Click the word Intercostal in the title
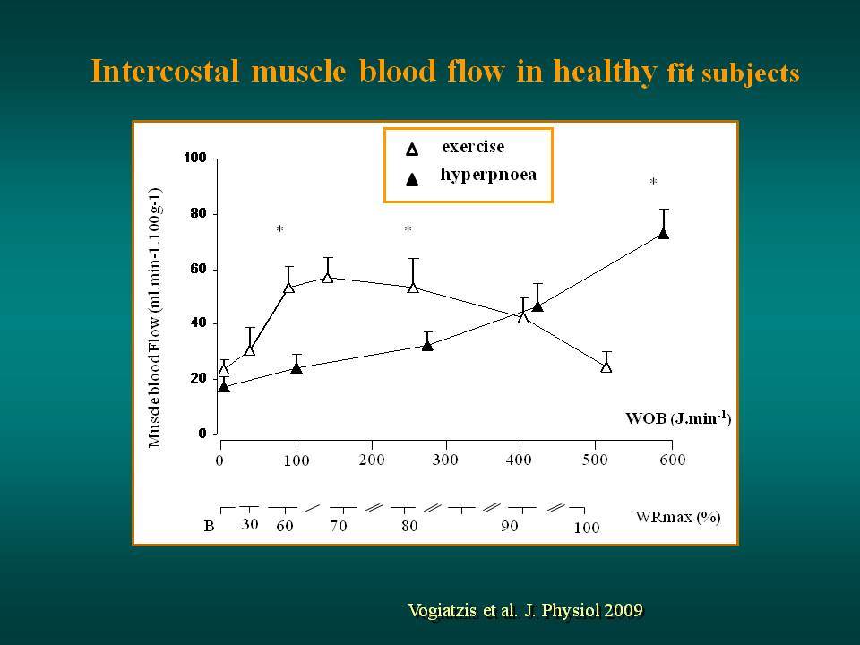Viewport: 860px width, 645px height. coord(165,71)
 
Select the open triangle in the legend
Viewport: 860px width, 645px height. coord(412,150)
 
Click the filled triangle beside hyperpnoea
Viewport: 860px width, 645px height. coord(412,179)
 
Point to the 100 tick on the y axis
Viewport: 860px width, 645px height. coord(194,158)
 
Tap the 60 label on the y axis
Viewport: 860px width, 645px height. coord(198,269)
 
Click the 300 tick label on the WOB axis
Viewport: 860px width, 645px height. coord(445,459)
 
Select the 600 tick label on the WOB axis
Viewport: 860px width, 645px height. coord(673,459)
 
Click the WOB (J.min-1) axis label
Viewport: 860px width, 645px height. coord(678,418)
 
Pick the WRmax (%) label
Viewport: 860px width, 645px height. coord(678,517)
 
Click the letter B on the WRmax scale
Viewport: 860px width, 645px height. coord(209,527)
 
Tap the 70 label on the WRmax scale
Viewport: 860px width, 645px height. coord(339,526)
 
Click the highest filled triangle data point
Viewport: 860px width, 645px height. coord(663,234)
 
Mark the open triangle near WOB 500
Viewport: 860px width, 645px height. coord(606,366)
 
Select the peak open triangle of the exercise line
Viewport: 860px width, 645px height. coord(328,277)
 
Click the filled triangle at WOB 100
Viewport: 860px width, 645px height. coord(297,367)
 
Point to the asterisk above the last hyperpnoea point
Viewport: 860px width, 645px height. coord(653,181)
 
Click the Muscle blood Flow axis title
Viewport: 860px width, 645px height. coord(155,318)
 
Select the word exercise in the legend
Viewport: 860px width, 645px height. coord(473,146)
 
